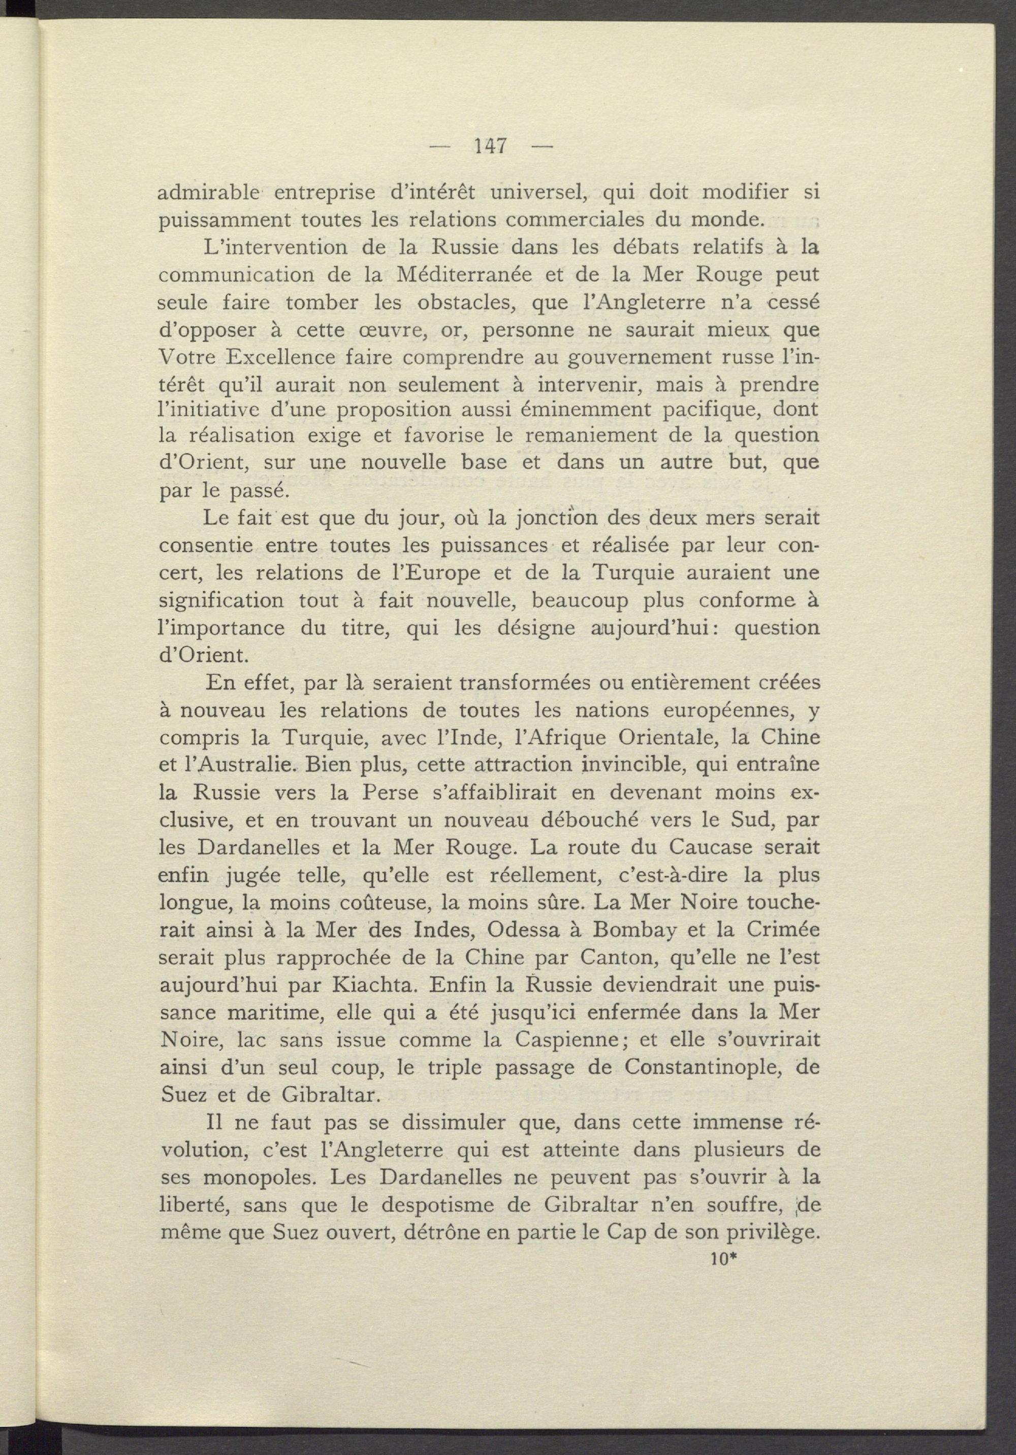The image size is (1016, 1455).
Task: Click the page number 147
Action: pos(491,146)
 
